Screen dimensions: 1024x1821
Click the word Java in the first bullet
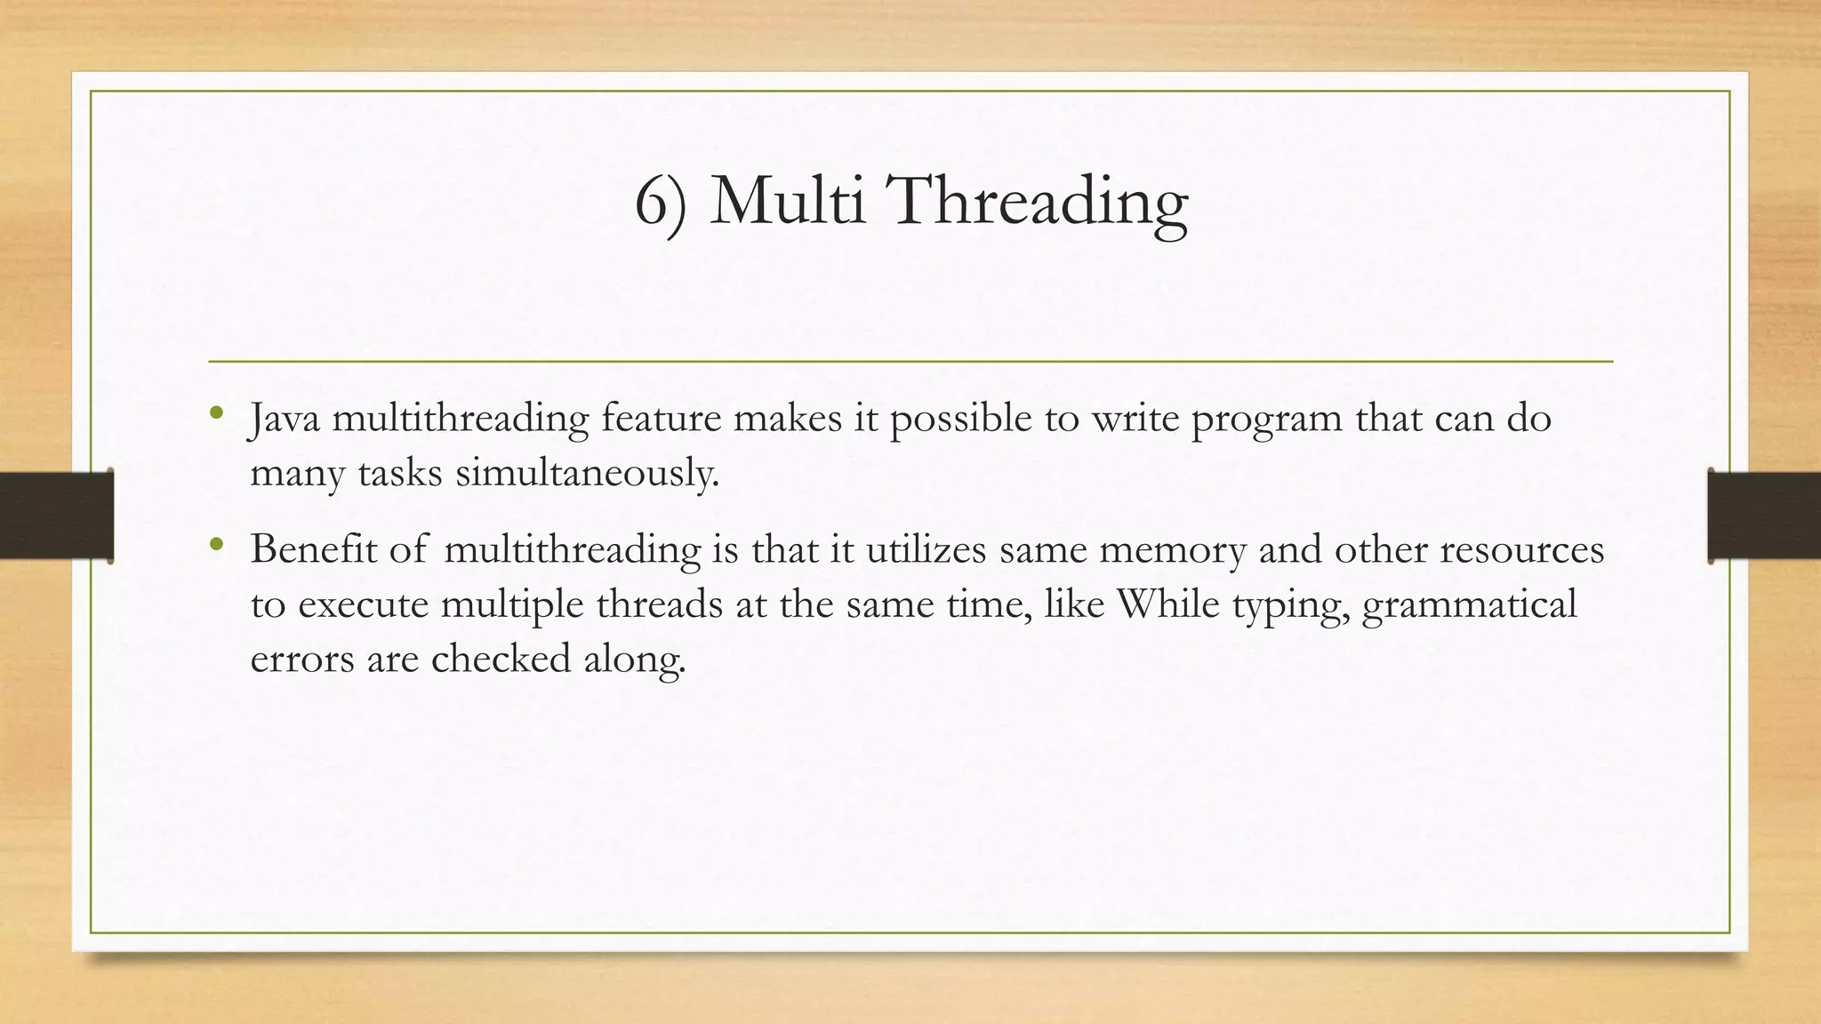click(285, 419)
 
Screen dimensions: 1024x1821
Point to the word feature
click(661, 418)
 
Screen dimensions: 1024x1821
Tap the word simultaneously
click(587, 474)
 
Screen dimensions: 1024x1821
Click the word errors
click(301, 660)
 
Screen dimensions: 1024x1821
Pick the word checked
click(501, 659)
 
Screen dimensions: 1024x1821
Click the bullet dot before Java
click(216, 413)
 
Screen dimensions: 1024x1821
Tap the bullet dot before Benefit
click(216, 544)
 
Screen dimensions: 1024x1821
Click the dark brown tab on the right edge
click(1764, 516)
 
